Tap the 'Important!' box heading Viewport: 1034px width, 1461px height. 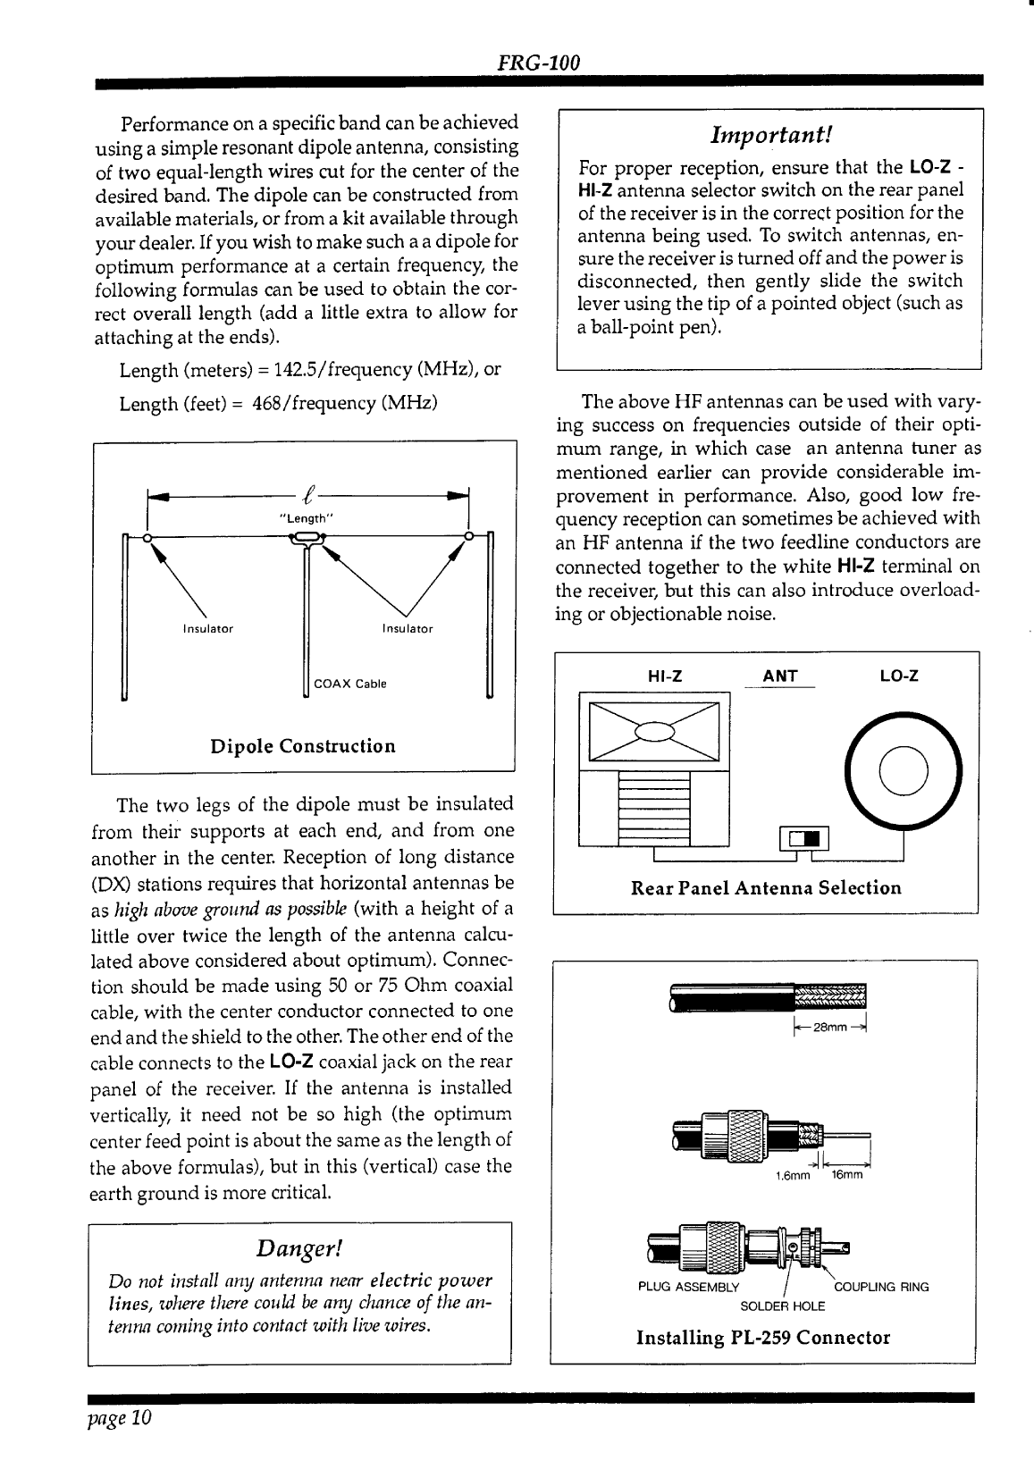[x=771, y=135]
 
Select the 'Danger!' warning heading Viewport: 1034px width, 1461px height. [x=299, y=1247]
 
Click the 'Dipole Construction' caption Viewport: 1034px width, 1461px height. [x=302, y=746]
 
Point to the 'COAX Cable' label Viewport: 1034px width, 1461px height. [x=350, y=684]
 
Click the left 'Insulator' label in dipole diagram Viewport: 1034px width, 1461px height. [x=207, y=629]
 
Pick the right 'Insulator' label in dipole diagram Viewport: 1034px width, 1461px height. [x=408, y=629]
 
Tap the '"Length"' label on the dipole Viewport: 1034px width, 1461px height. [x=307, y=517]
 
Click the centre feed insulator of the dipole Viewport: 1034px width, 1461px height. [x=307, y=537]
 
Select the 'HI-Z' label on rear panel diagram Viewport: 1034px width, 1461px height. [x=665, y=676]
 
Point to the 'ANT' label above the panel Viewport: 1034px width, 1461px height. [x=780, y=676]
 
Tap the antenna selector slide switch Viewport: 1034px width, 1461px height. [x=805, y=838]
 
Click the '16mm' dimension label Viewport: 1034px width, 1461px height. [x=845, y=1176]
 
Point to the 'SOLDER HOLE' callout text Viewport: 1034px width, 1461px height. [x=783, y=1306]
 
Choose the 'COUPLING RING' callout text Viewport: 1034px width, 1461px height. [x=881, y=1288]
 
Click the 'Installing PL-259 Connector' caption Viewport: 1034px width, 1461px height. [x=763, y=1338]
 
